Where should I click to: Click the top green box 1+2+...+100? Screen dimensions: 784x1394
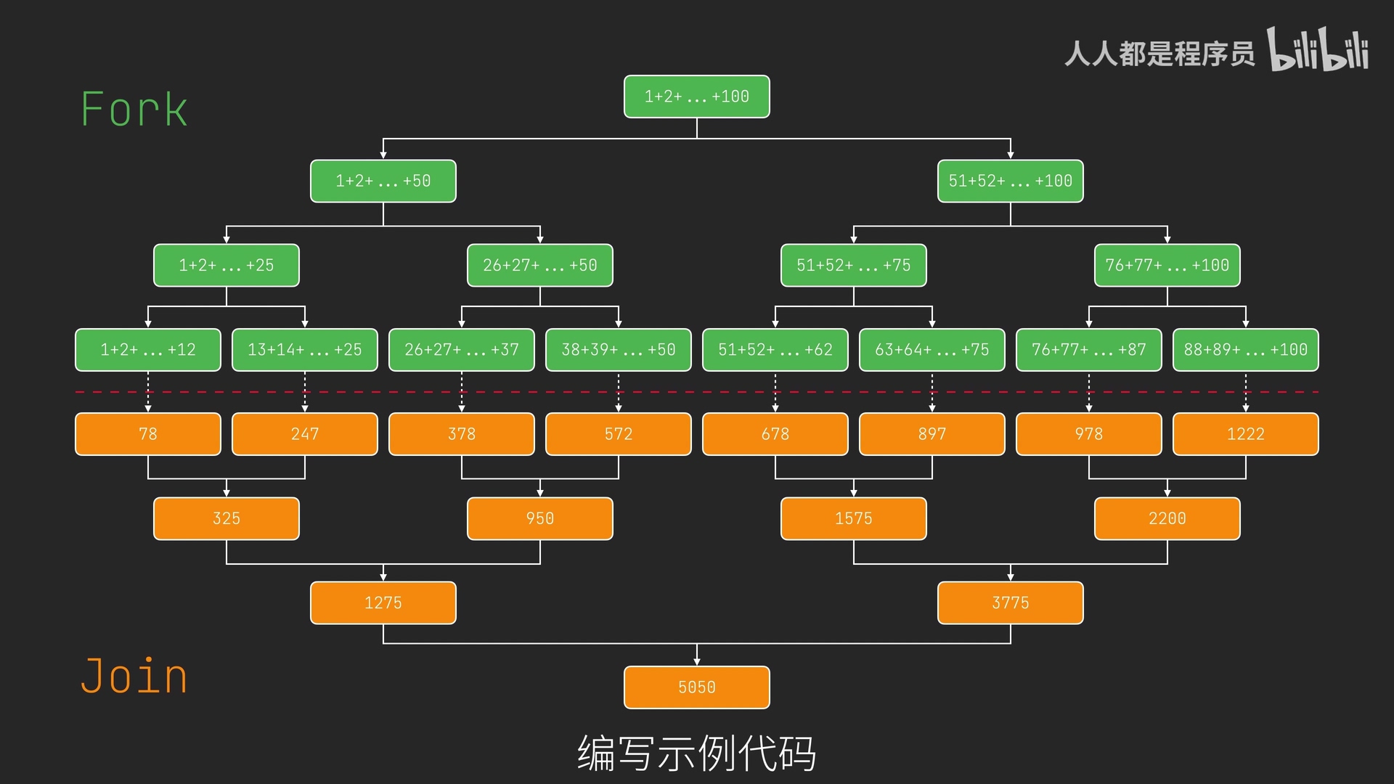[x=696, y=97]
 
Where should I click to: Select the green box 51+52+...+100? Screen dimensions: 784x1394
[x=1010, y=181]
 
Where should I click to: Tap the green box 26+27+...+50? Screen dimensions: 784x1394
[x=539, y=265]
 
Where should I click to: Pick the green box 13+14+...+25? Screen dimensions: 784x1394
[x=304, y=350]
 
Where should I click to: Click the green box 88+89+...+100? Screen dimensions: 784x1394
[x=1245, y=350]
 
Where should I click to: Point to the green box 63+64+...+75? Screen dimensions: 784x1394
[x=932, y=350]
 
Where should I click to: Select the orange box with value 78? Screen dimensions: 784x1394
[x=147, y=434]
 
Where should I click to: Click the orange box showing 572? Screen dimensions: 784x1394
[x=618, y=434]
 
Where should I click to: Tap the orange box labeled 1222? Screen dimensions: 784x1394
[x=1245, y=434]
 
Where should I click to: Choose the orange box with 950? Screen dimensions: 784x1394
[x=539, y=518]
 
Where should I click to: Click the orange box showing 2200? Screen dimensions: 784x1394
[x=1167, y=518]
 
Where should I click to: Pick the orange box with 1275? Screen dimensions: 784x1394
[x=383, y=603]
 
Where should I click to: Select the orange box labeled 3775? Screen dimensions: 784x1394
[x=1010, y=603]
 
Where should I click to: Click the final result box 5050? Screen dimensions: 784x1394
[x=696, y=687]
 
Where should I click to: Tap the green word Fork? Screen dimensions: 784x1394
[x=134, y=110]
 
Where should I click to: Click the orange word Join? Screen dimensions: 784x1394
[x=134, y=676]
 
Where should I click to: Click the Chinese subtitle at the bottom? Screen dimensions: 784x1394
[x=696, y=753]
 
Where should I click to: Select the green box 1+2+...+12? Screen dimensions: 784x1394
[x=147, y=350]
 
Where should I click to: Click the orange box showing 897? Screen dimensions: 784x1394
[x=932, y=434]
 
